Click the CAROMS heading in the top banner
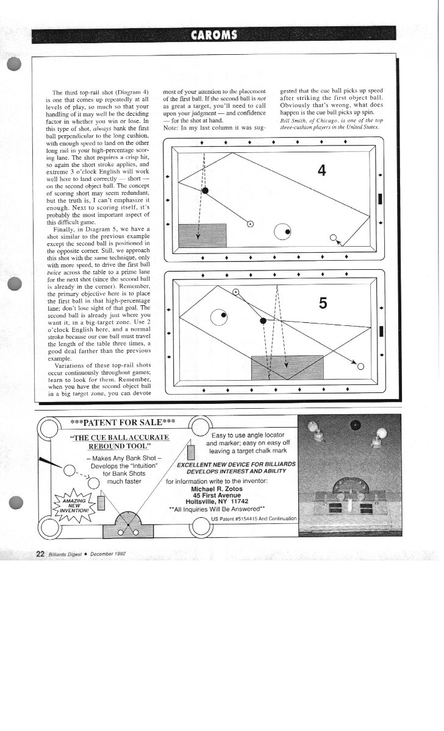[x=214, y=35]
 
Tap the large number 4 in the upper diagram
[x=321, y=171]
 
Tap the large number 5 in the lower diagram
[x=323, y=303]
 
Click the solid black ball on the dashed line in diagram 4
[x=205, y=191]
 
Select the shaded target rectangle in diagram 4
[x=202, y=235]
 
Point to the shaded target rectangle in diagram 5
[x=287, y=367]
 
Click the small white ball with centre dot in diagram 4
[x=250, y=224]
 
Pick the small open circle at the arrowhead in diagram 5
[x=360, y=367]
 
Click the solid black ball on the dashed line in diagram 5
[x=263, y=321]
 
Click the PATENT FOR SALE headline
[x=123, y=422]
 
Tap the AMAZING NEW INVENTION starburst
[x=74, y=506]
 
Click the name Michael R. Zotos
[x=217, y=489]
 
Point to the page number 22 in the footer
[x=40, y=554]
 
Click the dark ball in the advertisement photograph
[x=356, y=425]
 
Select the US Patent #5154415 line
[x=254, y=518]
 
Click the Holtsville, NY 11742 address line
[x=217, y=501]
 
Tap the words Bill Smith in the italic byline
[x=290, y=121]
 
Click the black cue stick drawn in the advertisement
[x=51, y=462]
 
